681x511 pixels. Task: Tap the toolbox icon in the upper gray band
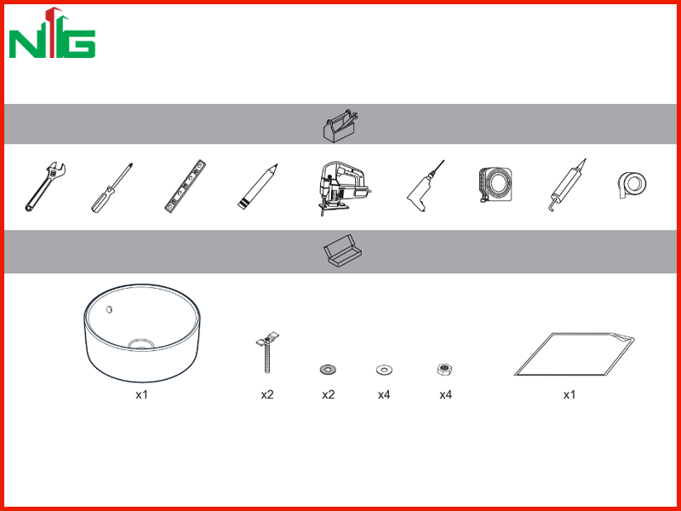340,124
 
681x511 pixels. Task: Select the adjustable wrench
45,187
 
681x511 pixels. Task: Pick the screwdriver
112,187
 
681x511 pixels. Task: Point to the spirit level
185,187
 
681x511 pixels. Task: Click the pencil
258,187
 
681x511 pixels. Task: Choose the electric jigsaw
343,188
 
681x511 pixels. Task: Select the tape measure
495,185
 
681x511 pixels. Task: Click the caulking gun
567,185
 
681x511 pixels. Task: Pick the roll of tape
632,185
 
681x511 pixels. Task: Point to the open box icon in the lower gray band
343,250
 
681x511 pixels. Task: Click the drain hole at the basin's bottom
141,344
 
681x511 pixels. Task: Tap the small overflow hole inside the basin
110,309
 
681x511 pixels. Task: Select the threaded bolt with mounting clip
266,353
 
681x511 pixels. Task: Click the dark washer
328,370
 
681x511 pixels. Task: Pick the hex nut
445,370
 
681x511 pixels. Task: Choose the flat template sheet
574,354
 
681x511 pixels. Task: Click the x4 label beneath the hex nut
445,394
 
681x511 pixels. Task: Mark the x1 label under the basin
141,394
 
